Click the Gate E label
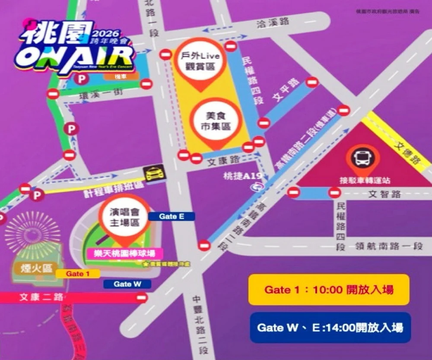click(x=172, y=217)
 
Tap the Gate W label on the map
click(x=127, y=284)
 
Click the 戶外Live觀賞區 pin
click(x=200, y=61)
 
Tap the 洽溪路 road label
click(x=273, y=23)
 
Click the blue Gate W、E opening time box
click(x=330, y=327)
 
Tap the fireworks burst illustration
click(x=32, y=232)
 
